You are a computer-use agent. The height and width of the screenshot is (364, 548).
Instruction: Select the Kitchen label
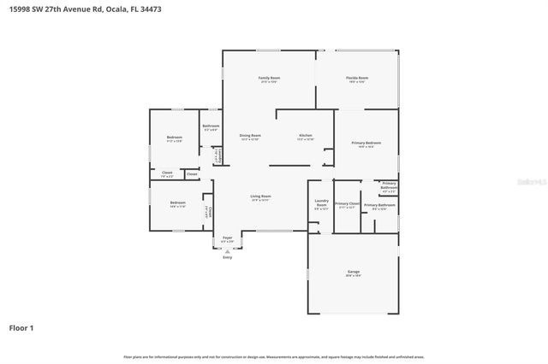[305, 136]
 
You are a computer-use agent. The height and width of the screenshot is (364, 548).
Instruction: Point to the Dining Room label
[250, 136]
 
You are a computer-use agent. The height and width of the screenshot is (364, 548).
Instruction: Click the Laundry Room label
[321, 203]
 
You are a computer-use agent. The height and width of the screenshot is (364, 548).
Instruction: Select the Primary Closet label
[347, 204]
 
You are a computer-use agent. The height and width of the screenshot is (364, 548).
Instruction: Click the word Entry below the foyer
[227, 257]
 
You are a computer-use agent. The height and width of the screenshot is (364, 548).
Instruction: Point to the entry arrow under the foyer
[227, 251]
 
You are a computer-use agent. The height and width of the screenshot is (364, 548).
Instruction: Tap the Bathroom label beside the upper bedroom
[211, 126]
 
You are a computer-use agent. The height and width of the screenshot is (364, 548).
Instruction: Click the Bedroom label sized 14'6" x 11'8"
[177, 204]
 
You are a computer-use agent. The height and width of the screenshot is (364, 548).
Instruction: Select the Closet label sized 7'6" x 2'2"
[166, 173]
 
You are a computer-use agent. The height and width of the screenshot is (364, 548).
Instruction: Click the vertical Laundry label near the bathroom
[218, 156]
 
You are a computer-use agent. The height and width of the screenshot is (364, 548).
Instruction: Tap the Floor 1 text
[21, 327]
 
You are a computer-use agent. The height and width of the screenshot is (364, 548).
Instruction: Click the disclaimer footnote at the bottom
[273, 356]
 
